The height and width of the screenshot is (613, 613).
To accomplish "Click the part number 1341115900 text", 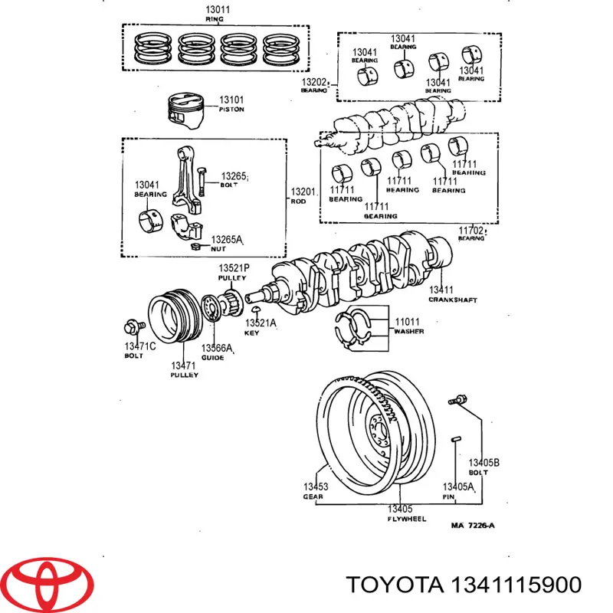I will point(514,585).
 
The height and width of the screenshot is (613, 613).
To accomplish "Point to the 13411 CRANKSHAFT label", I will point(451,294).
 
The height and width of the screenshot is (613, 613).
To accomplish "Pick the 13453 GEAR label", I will point(315,491).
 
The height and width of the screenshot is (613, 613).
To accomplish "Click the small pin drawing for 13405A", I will point(455,438).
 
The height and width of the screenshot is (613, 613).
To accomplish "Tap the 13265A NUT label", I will point(226,244).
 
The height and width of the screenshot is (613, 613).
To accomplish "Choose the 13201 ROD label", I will point(301,195).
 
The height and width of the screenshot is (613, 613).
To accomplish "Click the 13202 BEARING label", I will point(314,85).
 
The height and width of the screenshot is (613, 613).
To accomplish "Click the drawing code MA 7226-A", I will point(473,525).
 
